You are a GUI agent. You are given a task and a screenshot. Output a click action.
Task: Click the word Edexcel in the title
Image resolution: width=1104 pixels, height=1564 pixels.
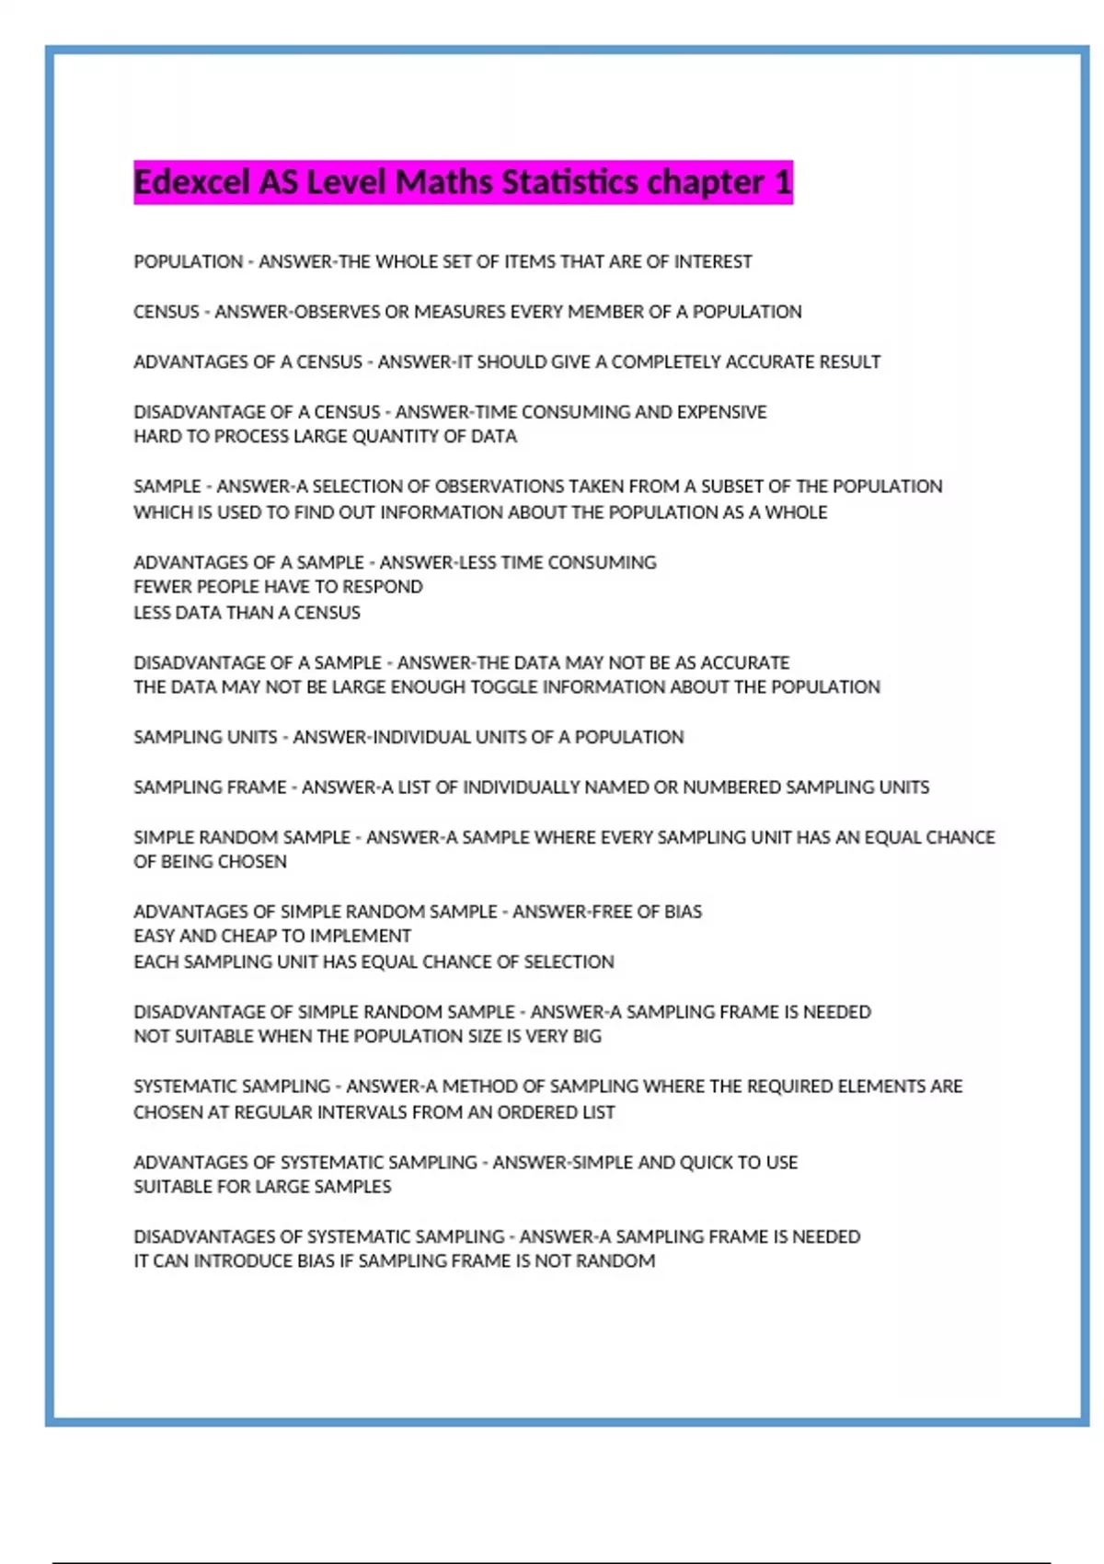pyautogui.click(x=191, y=182)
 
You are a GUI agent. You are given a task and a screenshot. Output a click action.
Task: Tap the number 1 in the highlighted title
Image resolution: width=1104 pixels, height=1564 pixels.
pyautogui.click(x=782, y=182)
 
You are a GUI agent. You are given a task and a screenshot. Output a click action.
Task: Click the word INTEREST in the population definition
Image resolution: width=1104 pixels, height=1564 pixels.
pyautogui.click(x=713, y=261)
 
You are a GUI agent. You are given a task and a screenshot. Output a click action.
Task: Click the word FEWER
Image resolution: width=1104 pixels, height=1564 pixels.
pyautogui.click(x=161, y=587)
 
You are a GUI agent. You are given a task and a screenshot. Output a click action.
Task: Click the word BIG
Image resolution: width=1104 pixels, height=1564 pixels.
pyautogui.click(x=586, y=1037)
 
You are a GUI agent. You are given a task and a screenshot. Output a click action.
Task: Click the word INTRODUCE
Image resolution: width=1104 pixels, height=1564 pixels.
pyautogui.click(x=244, y=1261)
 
